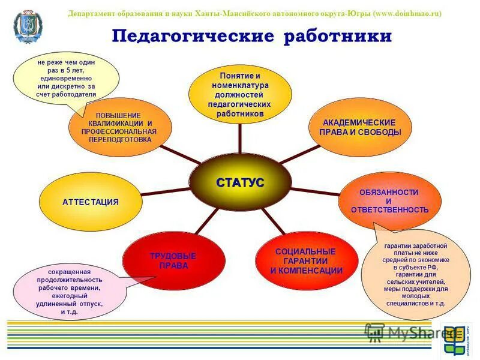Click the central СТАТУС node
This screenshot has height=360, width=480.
pos(239,182)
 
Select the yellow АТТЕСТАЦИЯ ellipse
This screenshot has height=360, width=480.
pos(90,202)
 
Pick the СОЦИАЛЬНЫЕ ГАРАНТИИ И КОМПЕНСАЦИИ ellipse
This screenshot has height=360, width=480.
pos(306,261)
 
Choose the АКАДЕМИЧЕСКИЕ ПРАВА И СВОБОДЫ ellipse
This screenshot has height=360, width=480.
pos(359,127)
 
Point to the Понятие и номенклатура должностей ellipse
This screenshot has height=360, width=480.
pos(240,94)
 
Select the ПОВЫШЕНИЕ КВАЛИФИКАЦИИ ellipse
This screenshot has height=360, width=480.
pos(120,127)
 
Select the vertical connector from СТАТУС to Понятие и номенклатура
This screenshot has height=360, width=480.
pos(240,139)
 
